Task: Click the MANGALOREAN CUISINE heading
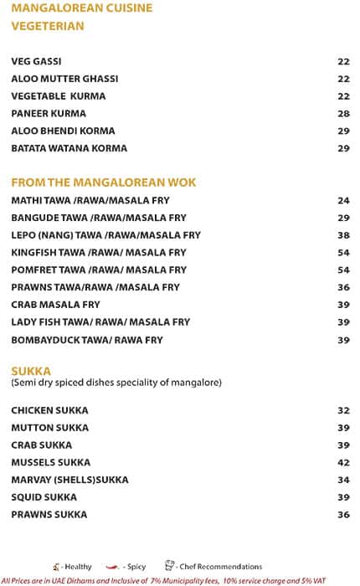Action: tap(81, 8)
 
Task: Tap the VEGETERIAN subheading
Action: tap(48, 26)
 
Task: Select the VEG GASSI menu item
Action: tap(36, 61)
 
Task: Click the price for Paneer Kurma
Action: tap(342, 114)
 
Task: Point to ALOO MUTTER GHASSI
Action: tap(64, 79)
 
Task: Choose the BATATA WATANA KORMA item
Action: tap(69, 148)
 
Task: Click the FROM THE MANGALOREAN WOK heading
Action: tap(103, 182)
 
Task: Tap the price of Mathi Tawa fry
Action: tap(342, 201)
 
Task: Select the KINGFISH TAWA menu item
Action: tap(99, 253)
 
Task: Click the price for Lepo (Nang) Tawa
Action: tap(342, 235)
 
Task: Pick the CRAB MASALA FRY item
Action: tap(55, 305)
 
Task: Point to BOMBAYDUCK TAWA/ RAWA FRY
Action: tap(87, 340)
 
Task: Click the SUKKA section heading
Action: tap(31, 370)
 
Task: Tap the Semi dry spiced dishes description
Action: tap(116, 383)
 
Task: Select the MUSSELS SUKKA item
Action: tap(51, 462)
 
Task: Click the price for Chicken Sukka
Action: tap(342, 410)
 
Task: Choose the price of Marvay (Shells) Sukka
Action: tap(342, 480)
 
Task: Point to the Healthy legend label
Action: tap(77, 567)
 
